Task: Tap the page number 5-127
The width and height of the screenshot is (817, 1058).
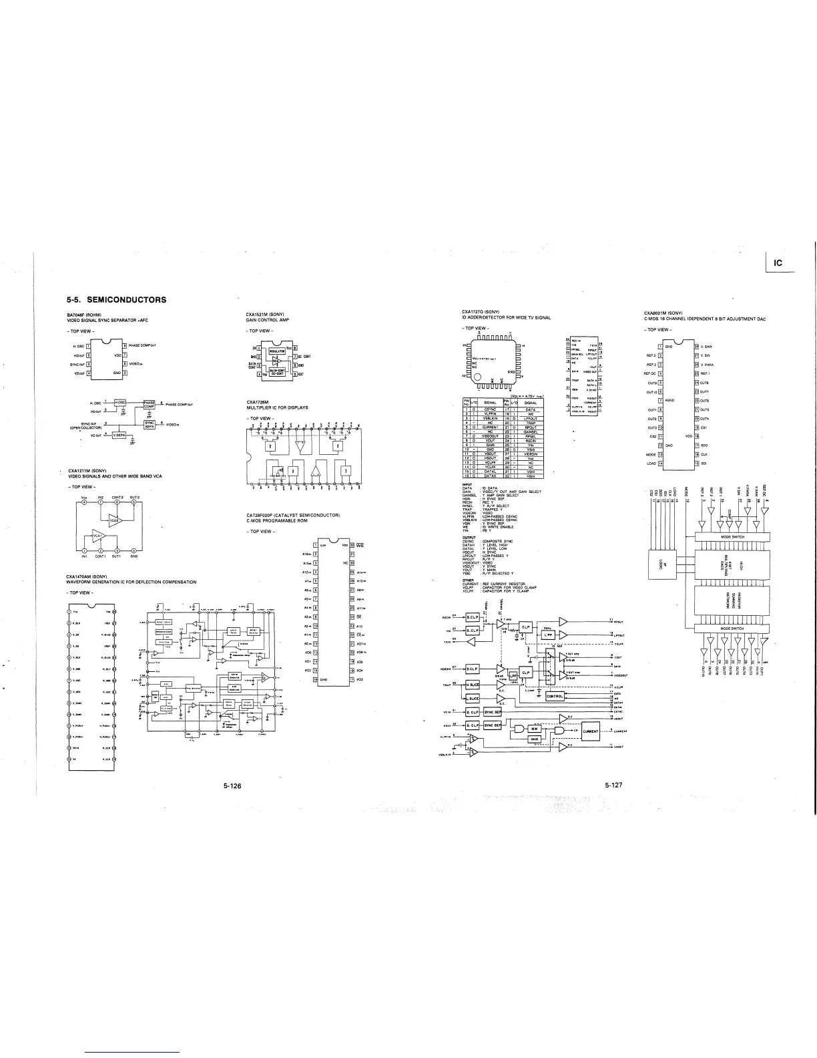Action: click(x=613, y=785)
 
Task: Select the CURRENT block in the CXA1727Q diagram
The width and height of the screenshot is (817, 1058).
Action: click(x=592, y=731)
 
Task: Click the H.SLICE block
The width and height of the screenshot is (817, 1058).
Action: click(x=472, y=685)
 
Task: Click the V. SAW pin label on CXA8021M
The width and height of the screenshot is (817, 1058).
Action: click(x=708, y=346)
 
